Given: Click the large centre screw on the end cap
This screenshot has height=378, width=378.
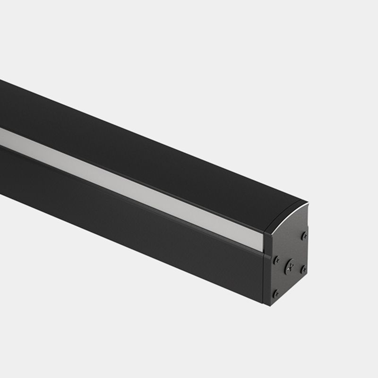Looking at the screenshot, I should pos(290,266).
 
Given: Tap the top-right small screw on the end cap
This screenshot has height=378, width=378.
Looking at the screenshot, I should pos(304,235).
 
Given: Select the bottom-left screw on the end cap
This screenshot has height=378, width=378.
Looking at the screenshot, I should pos(276,293).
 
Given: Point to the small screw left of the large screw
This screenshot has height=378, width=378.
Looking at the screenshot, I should pos(277,259).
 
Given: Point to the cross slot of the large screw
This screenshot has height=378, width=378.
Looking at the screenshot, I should pos(290,266).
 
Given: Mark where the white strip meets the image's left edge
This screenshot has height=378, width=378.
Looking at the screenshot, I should pos(1,133).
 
